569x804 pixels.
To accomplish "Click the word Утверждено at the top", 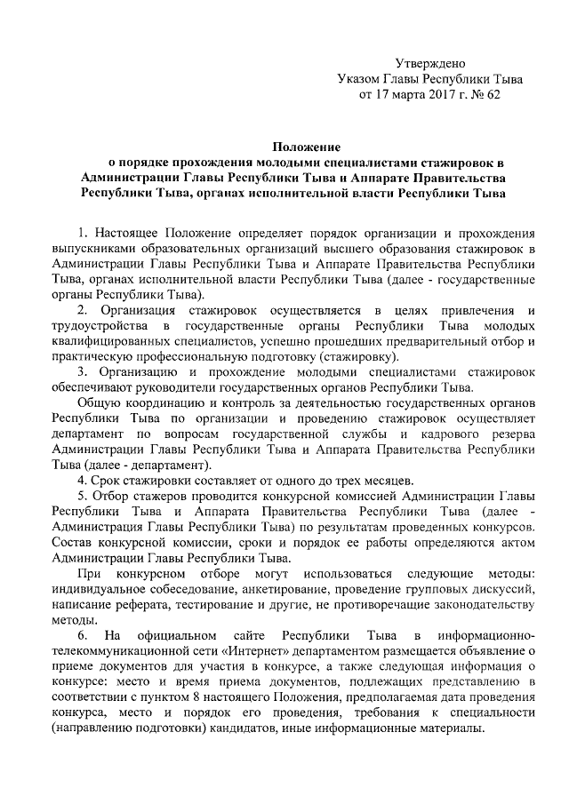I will tap(430, 62).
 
